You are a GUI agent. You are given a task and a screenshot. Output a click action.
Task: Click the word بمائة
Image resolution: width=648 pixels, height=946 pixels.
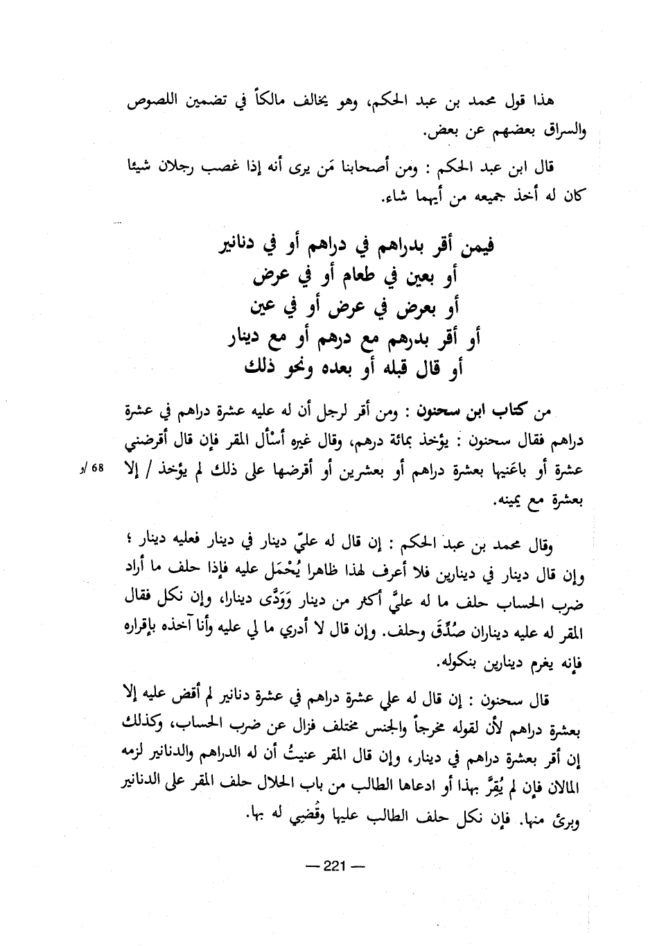tap(408, 441)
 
